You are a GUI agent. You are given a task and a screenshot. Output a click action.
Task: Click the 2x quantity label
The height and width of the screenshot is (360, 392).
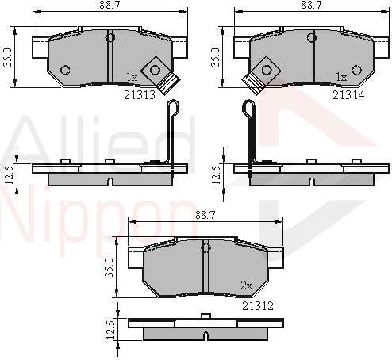(x=245, y=285)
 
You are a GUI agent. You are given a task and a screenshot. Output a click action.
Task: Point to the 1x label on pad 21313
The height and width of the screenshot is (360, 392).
(x=132, y=77)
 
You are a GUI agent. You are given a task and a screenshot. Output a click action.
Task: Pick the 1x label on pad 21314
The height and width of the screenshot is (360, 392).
(x=342, y=77)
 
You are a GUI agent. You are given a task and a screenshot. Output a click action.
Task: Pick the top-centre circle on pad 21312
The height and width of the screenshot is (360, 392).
(x=205, y=247)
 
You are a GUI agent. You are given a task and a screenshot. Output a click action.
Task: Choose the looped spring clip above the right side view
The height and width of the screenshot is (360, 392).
(x=250, y=131)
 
